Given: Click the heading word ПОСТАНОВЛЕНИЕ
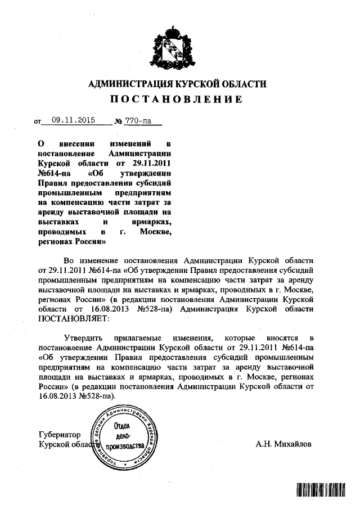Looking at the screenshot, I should tap(176, 100).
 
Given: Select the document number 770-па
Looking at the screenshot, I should tap(138, 120).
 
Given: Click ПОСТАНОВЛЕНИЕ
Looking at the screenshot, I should tap(176, 100).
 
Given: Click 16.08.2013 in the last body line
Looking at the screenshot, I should tap(56, 395).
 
